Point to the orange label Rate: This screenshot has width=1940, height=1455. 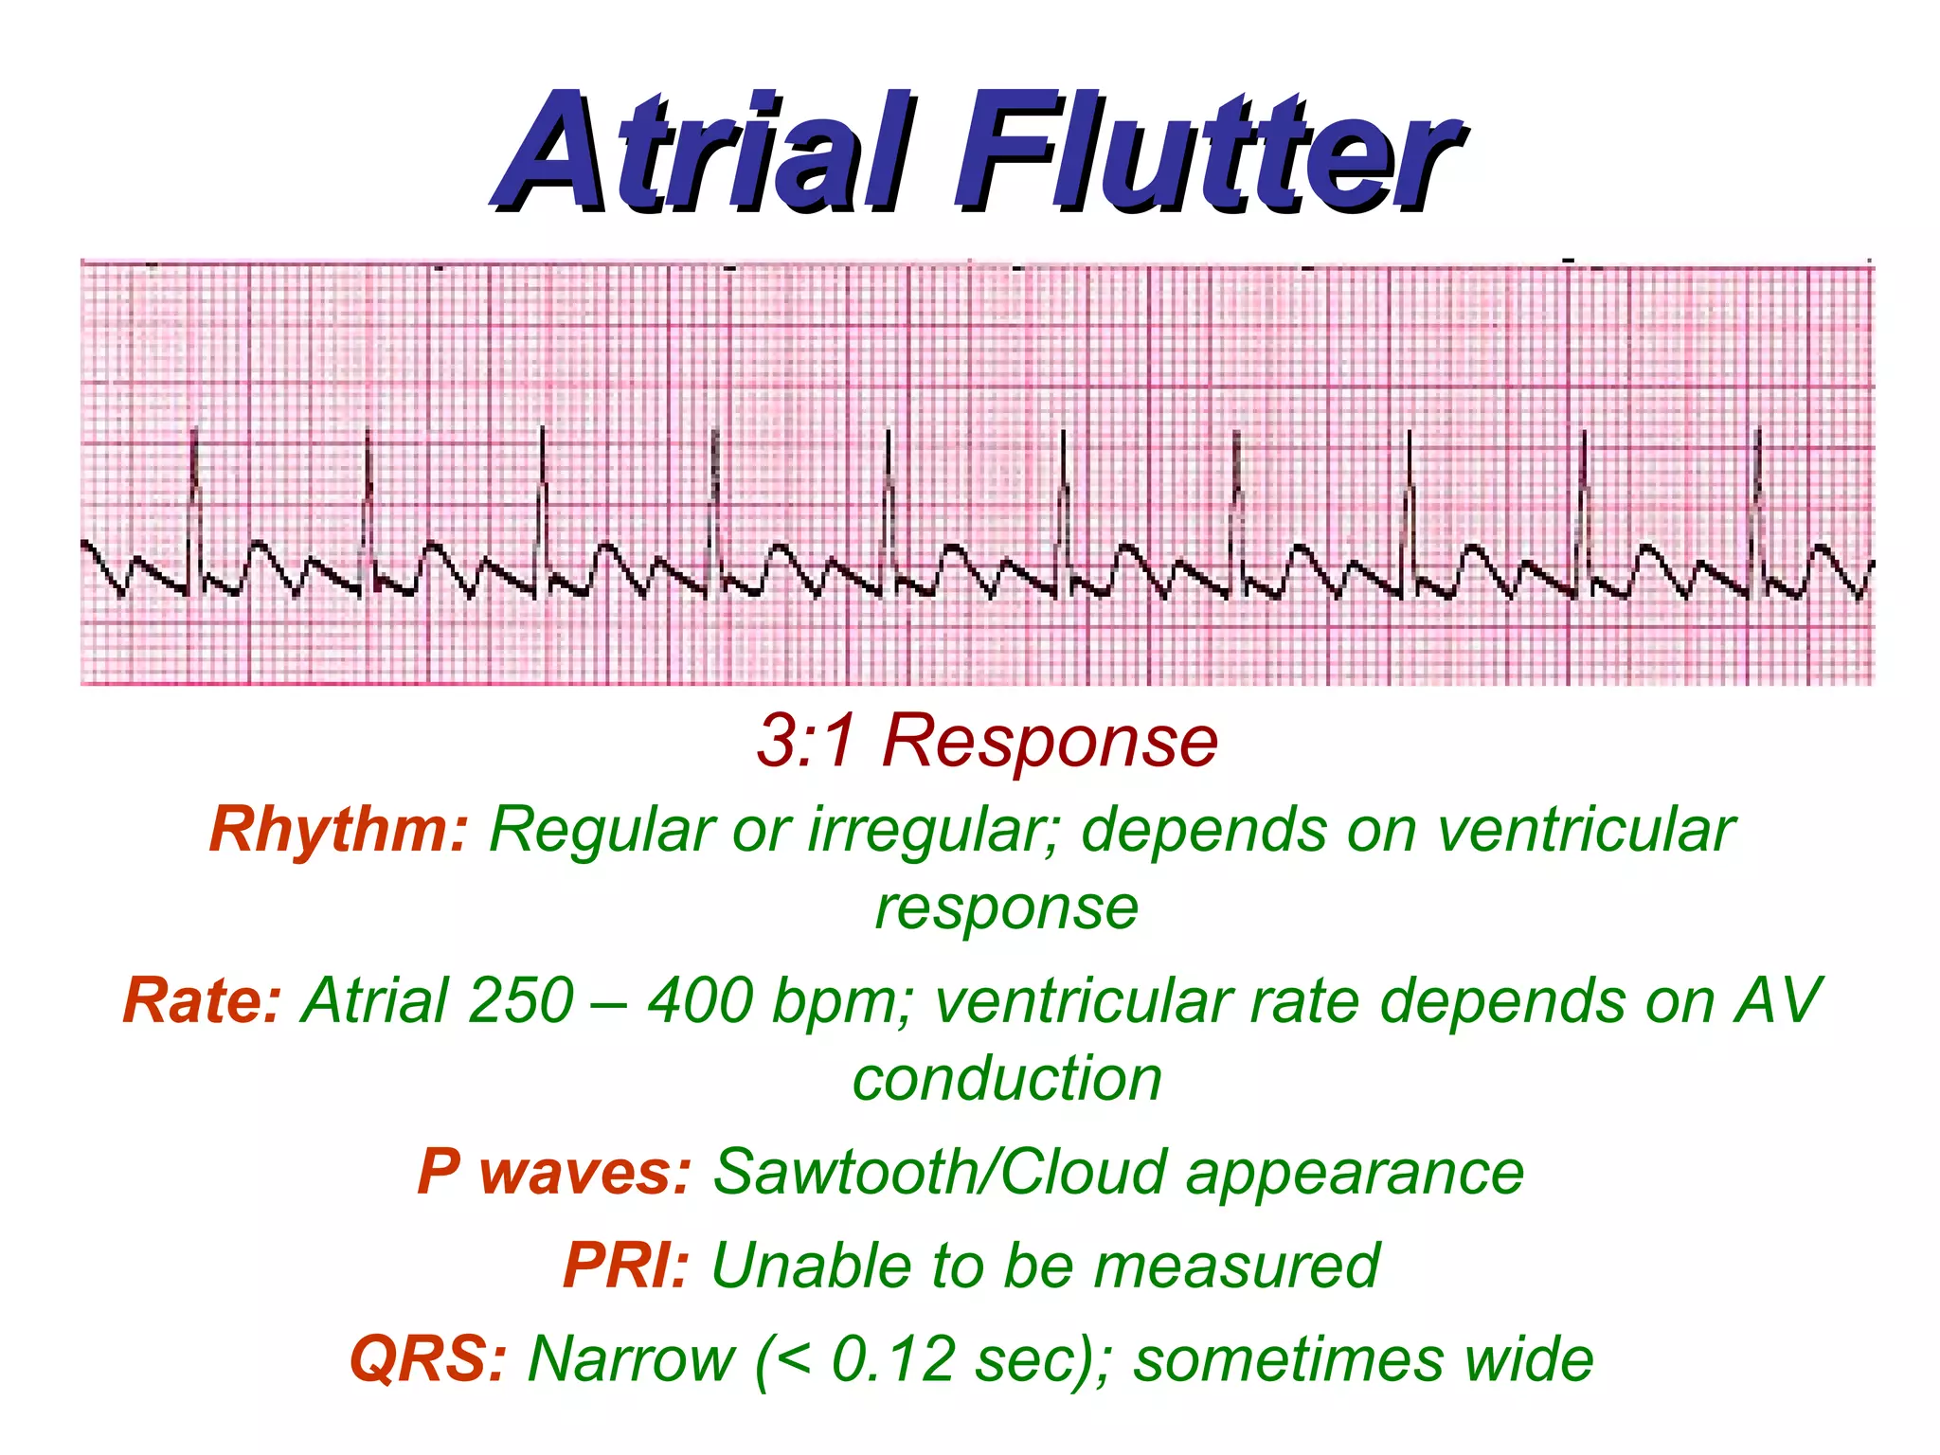click(202, 1000)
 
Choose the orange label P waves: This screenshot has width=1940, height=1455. click(554, 1172)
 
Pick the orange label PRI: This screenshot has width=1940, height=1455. click(625, 1266)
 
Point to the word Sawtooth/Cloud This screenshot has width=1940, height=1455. click(939, 1172)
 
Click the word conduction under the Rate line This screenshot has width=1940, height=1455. click(1007, 1079)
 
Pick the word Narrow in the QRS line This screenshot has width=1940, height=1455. click(631, 1359)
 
